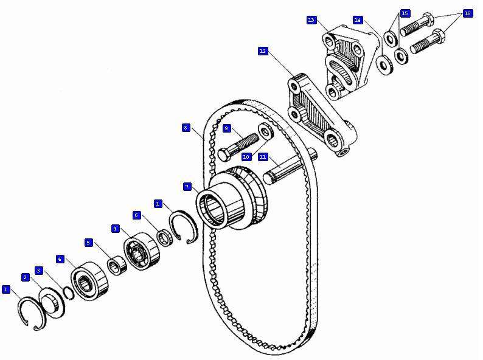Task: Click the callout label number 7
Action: tap(187, 187)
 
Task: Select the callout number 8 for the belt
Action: tap(186, 128)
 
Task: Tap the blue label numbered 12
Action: tap(263, 51)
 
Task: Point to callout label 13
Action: tap(311, 20)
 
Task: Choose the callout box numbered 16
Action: tap(468, 13)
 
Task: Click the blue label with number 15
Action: tap(405, 13)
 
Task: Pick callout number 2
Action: tap(26, 277)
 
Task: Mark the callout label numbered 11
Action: tap(262, 157)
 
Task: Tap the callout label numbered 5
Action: tap(88, 243)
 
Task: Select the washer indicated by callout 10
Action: tap(265, 131)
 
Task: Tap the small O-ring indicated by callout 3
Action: tap(69, 292)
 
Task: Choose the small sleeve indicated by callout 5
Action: tap(117, 266)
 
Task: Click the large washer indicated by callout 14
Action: tap(385, 64)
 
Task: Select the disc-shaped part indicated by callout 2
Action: tap(52, 302)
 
